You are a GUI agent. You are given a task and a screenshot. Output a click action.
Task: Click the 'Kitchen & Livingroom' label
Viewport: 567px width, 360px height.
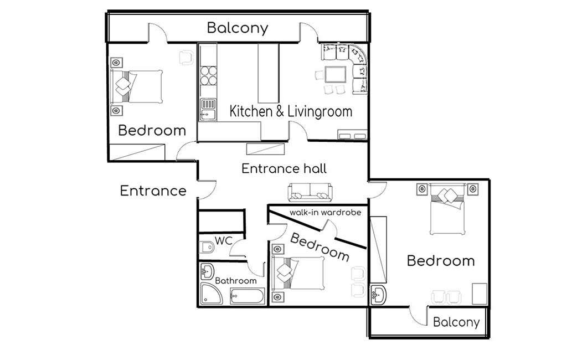tap(291, 111)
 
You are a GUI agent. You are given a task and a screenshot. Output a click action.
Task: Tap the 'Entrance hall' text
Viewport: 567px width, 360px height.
tap(284, 168)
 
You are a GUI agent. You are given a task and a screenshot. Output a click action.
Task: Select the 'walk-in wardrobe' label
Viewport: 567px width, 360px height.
tap(325, 212)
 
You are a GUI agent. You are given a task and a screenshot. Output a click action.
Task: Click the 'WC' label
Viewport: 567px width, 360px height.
tap(224, 240)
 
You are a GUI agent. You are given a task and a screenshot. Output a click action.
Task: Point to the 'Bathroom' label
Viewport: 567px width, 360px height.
tap(236, 281)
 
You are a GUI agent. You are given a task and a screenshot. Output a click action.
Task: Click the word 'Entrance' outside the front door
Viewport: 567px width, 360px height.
tap(153, 191)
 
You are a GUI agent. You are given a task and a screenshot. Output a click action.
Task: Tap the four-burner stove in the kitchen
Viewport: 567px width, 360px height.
tap(208, 75)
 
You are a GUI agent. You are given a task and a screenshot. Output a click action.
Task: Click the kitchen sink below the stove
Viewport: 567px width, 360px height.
tap(208, 110)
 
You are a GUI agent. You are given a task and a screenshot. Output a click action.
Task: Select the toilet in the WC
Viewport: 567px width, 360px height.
tap(207, 248)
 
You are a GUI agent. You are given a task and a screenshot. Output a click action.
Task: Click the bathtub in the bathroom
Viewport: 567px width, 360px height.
tap(248, 296)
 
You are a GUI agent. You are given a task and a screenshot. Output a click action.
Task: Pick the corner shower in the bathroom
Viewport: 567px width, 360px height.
tap(212, 294)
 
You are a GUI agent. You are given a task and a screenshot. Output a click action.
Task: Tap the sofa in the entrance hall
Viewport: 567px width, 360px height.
tap(310, 192)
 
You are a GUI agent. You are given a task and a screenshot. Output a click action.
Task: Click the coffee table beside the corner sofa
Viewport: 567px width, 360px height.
tap(335, 75)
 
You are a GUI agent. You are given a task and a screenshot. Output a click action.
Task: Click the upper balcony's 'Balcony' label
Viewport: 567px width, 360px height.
tap(238, 28)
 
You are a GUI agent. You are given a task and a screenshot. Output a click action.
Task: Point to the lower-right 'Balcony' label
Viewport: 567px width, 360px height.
tap(456, 322)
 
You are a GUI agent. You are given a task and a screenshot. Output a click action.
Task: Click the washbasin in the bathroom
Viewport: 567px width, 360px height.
tap(207, 271)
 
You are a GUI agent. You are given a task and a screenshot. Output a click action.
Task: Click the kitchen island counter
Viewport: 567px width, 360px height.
tap(269, 74)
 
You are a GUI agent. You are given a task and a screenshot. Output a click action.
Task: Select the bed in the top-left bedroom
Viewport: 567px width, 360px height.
tap(136, 87)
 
